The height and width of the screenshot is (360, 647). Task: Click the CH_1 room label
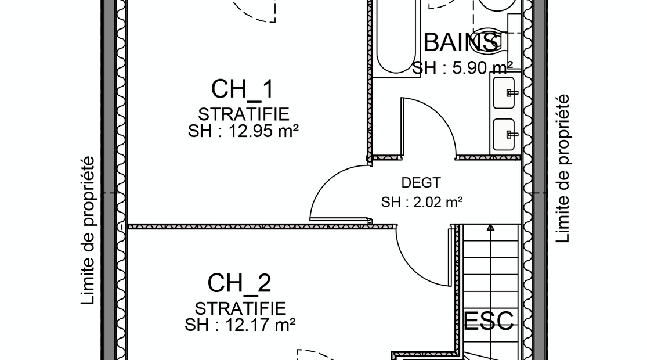tap(242, 89)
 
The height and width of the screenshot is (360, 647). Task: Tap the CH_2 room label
tap(239, 283)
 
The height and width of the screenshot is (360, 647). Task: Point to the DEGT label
tap(421, 182)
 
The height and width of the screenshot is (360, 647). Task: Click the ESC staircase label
tap(489, 321)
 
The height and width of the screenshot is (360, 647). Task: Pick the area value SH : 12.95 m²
tap(244, 132)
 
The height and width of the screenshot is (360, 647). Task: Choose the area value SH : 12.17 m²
tap(240, 325)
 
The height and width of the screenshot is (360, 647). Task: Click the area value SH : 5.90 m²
tap(462, 68)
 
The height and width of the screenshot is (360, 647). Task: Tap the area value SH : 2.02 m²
tap(421, 202)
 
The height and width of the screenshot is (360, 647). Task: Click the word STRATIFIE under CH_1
tap(244, 114)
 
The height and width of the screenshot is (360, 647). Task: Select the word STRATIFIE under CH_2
tap(240, 308)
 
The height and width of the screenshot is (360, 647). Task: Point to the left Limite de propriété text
tap(88, 231)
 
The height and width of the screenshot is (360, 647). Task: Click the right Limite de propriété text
tap(562, 168)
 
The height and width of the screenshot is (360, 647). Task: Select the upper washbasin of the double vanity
tap(504, 92)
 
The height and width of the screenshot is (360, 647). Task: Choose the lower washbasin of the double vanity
tap(504, 135)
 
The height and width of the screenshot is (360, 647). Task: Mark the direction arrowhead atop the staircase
tap(490, 227)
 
